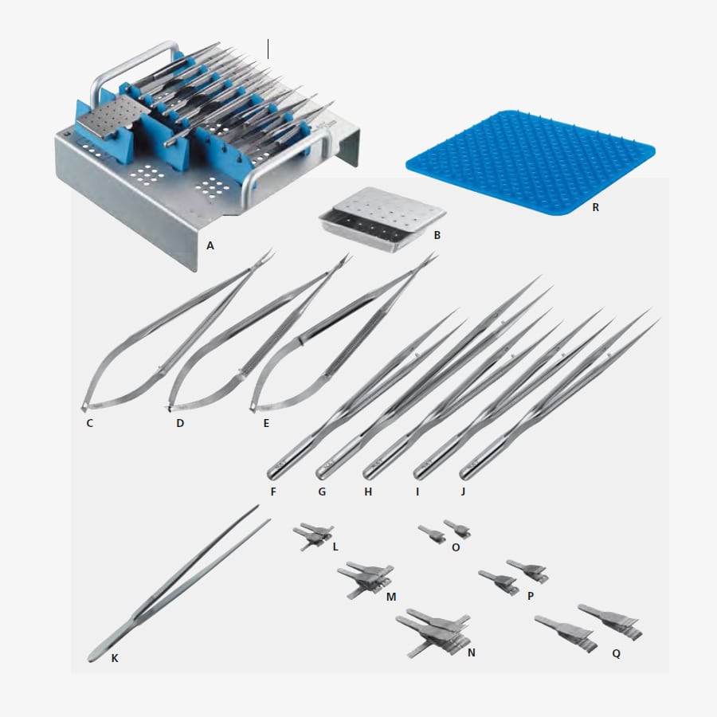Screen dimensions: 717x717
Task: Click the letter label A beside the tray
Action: click(x=210, y=246)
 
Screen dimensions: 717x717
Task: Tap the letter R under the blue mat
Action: click(x=595, y=208)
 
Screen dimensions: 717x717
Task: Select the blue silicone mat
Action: click(x=531, y=162)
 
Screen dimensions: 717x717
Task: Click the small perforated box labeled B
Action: click(x=382, y=218)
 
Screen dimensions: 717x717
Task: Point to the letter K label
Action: click(x=115, y=658)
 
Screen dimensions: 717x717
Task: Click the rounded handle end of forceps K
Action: click(x=94, y=656)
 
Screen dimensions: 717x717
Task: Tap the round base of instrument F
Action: click(x=273, y=474)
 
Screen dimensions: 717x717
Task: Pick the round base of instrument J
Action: click(x=465, y=472)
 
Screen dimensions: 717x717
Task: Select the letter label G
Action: click(x=322, y=492)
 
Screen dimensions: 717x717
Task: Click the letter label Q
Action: click(x=616, y=654)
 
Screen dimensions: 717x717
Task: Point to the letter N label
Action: click(x=472, y=653)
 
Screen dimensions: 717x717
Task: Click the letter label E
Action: click(x=266, y=424)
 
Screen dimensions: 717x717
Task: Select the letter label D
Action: click(x=180, y=424)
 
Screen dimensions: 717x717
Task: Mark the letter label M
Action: click(x=391, y=597)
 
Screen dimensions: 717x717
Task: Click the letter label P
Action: click(x=531, y=596)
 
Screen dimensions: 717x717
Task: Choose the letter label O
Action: click(x=456, y=547)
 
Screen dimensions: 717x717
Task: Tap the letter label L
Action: click(x=335, y=547)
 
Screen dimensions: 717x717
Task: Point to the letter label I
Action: click(x=417, y=492)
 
